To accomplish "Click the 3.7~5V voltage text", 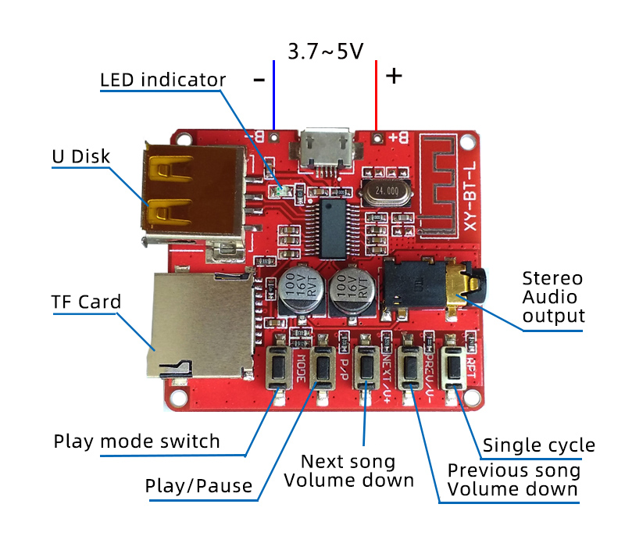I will tap(326, 52).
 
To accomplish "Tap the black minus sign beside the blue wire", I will tap(259, 79).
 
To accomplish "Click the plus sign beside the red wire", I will tap(395, 76).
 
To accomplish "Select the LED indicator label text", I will tap(162, 80).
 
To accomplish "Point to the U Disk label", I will tap(80, 156).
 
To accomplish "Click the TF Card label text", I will tap(86, 302).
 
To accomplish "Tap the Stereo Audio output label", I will tap(553, 297).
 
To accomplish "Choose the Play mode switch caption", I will tap(137, 441).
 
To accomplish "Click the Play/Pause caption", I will tap(199, 486).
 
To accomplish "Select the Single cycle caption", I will tap(538, 445).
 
